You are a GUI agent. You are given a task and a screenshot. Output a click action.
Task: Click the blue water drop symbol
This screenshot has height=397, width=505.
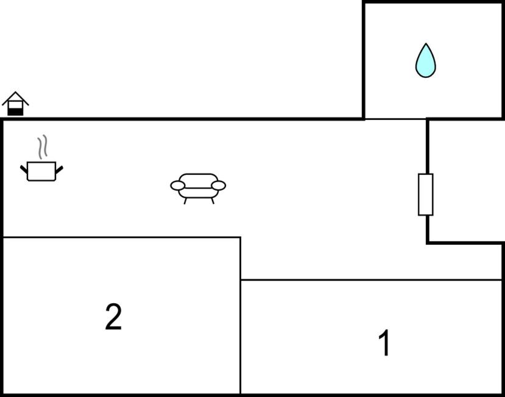point(425,60)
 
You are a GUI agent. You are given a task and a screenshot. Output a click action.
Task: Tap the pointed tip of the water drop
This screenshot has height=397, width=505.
point(426,43)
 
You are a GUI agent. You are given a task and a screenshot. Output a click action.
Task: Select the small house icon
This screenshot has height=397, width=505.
point(15,104)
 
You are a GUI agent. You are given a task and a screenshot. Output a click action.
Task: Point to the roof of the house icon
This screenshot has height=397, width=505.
point(15,98)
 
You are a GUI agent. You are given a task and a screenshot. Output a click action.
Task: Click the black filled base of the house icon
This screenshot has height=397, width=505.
point(15,111)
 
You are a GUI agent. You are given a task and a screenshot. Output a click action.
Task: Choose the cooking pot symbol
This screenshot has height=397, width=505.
point(41,158)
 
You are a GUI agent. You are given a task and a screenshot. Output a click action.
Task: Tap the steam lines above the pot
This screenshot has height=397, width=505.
point(43,147)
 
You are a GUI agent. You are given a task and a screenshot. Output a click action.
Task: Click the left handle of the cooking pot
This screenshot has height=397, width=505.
point(24,169)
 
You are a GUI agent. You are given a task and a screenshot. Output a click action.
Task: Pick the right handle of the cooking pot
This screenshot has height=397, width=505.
point(59,170)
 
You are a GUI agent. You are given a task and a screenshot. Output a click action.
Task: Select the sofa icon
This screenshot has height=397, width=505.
point(198,189)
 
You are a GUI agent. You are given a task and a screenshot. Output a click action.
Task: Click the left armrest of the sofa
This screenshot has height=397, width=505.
point(178,186)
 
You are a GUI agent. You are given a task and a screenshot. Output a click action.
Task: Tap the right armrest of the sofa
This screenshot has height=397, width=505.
point(218,186)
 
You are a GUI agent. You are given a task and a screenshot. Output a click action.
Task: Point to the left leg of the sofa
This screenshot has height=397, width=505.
point(185,201)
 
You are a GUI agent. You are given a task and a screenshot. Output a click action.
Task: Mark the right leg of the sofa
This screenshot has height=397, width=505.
point(213,201)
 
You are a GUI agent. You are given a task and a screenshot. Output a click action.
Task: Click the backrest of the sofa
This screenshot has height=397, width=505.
point(198,181)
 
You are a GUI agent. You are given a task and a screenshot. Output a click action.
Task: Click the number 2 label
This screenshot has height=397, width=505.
point(114,317)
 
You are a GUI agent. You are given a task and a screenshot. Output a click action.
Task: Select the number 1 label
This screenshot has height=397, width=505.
point(384,343)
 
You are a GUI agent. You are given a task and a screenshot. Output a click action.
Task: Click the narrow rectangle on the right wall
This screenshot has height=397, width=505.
point(425,194)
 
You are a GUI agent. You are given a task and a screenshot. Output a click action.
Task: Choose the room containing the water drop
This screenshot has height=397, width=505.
point(433,60)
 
